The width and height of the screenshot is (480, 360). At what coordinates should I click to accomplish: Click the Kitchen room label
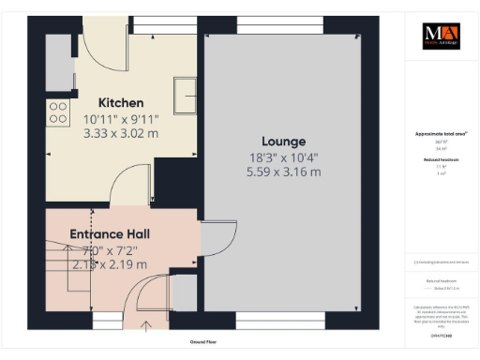pyautogui.click(x=122, y=102)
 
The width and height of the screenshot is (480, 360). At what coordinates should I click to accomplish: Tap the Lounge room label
pyautogui.click(x=283, y=142)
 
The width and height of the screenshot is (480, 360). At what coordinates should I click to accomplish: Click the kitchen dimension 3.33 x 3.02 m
pyautogui.click(x=122, y=134)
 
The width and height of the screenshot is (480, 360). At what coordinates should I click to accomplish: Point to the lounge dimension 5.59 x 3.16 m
pyautogui.click(x=283, y=172)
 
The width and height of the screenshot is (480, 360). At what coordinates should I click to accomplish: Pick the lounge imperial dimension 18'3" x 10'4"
pyautogui.click(x=283, y=157)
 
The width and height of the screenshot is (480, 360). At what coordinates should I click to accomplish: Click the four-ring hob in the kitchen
pyautogui.click(x=58, y=113)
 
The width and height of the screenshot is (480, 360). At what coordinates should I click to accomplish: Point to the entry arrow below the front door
pyautogui.click(x=145, y=325)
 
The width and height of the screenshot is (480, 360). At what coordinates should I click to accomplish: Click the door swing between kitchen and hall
pyautogui.click(x=128, y=191)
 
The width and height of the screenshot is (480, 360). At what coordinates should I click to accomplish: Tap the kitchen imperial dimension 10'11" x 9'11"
pyautogui.click(x=122, y=119)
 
